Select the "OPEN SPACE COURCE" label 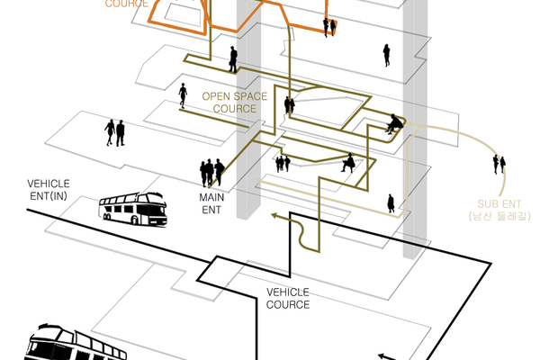point(229,102)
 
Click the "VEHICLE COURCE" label point(288,298)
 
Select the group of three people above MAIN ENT point(212,171)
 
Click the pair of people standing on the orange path point(330,26)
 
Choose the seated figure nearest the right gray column point(393,123)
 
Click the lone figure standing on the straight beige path point(391,203)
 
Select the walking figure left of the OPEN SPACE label point(183,94)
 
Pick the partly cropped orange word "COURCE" point(127,4)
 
